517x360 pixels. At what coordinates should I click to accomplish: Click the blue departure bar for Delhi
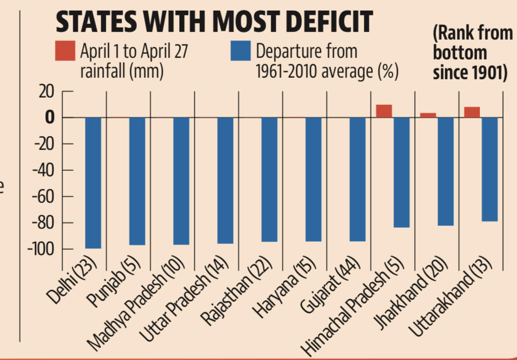click(x=93, y=183)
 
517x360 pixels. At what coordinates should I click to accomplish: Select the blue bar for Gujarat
click(x=358, y=179)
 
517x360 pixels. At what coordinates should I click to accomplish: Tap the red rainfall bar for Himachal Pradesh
click(x=384, y=111)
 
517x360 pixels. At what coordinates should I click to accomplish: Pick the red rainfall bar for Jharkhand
click(x=428, y=115)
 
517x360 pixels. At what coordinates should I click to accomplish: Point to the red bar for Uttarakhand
click(x=472, y=112)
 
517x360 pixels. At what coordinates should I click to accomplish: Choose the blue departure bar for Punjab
click(x=137, y=181)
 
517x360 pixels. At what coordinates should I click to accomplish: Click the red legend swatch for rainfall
click(x=65, y=52)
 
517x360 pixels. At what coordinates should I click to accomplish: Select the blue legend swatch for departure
click(x=241, y=52)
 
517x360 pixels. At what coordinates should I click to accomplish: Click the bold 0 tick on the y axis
click(x=49, y=118)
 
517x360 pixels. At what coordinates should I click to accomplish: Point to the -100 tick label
click(x=42, y=249)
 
